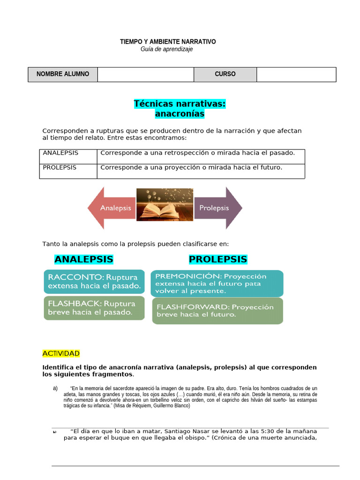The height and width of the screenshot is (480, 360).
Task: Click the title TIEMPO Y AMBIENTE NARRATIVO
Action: [168, 42]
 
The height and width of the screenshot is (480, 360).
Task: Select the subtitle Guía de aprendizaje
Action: [166, 49]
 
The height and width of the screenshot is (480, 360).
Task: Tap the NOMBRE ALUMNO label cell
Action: [63, 74]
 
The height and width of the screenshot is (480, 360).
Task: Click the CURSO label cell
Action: [225, 74]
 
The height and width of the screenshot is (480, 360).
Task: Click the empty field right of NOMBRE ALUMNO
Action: [145, 74]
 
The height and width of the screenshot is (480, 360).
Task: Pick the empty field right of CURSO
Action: [296, 74]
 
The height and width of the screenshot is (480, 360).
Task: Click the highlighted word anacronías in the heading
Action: [180, 113]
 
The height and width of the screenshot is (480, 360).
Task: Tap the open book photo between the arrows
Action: [165, 204]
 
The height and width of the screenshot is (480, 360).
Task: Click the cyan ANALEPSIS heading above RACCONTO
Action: [83, 259]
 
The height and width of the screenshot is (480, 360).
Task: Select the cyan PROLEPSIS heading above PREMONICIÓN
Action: [217, 259]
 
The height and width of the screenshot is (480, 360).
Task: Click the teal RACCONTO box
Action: [94, 281]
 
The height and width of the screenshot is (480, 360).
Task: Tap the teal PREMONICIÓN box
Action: [217, 283]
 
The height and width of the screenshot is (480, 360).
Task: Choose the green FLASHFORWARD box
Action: [217, 311]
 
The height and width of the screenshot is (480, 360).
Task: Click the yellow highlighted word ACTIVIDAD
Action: [61, 353]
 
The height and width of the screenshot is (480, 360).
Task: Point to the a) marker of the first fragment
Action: [55, 388]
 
